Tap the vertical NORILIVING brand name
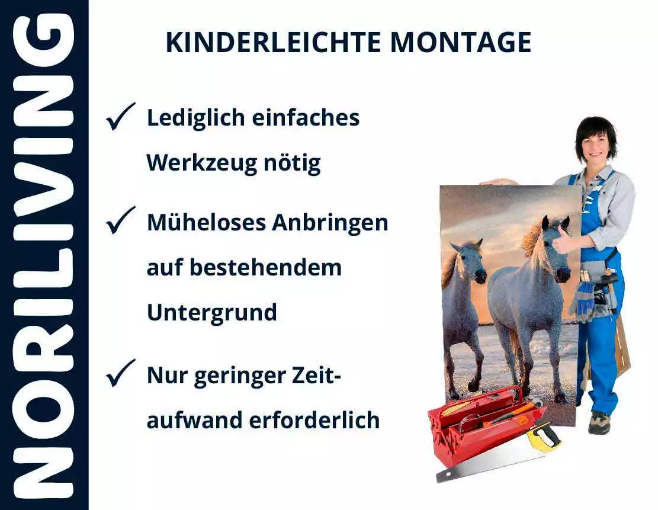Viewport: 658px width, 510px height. (x=44, y=255)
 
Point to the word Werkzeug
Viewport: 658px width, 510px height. (x=195, y=162)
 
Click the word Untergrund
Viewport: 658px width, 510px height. (x=211, y=312)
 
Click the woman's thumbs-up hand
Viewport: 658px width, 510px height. (x=562, y=239)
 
